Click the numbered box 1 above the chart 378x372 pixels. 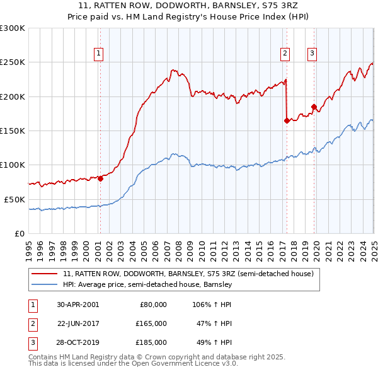(x=100, y=54)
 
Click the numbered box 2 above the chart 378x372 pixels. (x=285, y=54)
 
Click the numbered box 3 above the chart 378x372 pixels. (x=312, y=54)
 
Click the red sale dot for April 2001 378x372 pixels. (x=100, y=178)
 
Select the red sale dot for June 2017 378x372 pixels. (x=287, y=120)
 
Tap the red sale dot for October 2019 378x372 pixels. (x=314, y=107)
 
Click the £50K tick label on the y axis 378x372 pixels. (x=14, y=199)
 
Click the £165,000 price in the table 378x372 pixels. (x=151, y=323)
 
